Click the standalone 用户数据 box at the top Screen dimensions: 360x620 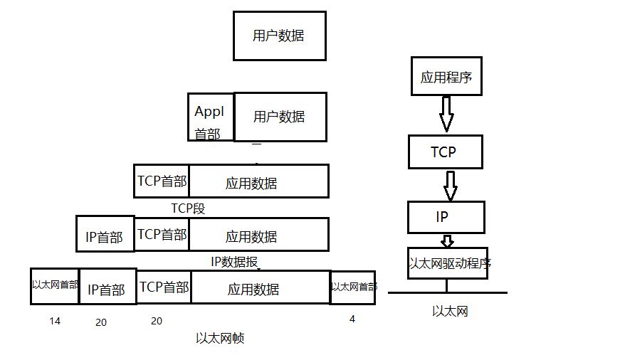[279, 36]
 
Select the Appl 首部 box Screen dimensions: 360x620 [211, 117]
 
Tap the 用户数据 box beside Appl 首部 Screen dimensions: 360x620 [280, 117]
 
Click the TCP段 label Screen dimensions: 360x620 [188, 208]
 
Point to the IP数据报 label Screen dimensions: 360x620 [234, 261]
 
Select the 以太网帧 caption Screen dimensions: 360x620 [220, 338]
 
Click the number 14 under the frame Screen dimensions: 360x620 [55, 321]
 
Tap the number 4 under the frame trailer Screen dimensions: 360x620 [352, 319]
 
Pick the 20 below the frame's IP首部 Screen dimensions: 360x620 [101, 322]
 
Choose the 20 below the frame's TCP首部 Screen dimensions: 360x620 [157, 321]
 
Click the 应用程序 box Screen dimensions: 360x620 [446, 77]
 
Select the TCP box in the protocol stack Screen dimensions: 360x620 [445, 152]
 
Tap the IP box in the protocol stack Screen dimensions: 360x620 [446, 217]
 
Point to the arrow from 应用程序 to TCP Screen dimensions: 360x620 [446, 114]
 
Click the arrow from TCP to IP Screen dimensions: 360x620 [450, 185]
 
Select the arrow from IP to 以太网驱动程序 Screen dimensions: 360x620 [447, 240]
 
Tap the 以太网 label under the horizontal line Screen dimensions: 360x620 [450, 311]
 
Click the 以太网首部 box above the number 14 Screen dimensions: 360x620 [55, 285]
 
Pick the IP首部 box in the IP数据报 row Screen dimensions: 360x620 [105, 234]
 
